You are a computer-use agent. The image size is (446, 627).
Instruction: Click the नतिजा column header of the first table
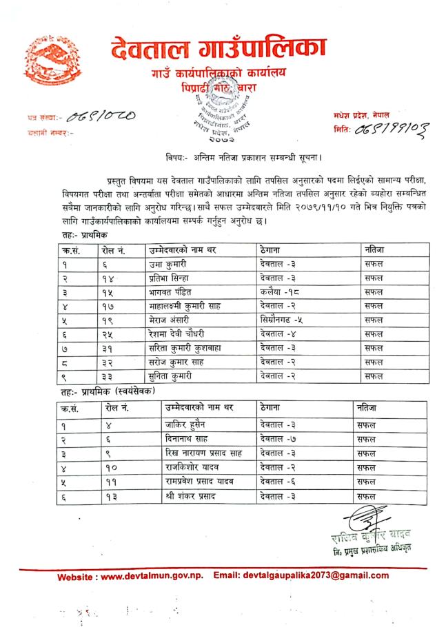[375, 249]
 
